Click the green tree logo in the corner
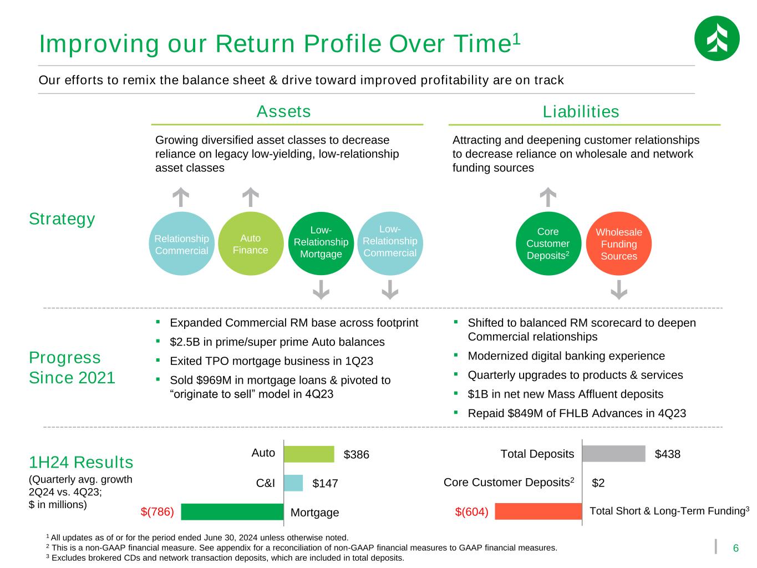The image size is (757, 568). point(717,38)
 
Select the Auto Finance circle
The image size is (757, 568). point(251,244)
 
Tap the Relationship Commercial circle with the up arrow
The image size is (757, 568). point(181,244)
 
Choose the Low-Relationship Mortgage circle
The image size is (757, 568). point(321,244)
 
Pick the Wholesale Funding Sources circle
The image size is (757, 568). point(619,244)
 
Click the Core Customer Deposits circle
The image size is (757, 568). point(548,244)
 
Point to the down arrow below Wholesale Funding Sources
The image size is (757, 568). point(619,290)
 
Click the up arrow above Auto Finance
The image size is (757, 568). point(251,197)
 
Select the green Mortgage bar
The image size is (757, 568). point(232,511)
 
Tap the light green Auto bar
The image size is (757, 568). point(309,454)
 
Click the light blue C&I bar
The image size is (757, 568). point(293,483)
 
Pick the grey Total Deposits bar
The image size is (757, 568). point(613,454)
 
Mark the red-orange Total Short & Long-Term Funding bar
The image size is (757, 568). point(538,511)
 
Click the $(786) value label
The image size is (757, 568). point(158,512)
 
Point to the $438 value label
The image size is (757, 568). point(668,454)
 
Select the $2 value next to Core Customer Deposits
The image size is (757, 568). point(598,483)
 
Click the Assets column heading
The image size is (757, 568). point(283,111)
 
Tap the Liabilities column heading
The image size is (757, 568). point(581,111)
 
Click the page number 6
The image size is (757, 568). point(735,548)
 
